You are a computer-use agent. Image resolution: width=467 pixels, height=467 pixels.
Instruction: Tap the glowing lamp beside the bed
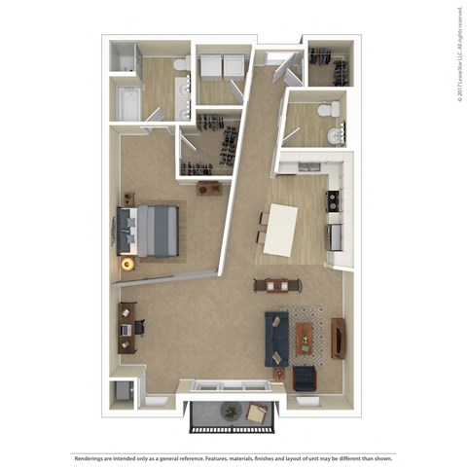coord(126,263)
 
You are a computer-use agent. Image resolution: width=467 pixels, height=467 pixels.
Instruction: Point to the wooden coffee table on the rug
coord(305,337)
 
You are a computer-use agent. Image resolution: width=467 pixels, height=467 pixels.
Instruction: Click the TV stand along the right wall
coord(338,337)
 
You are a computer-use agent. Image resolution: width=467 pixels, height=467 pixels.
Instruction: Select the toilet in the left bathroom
coord(180,64)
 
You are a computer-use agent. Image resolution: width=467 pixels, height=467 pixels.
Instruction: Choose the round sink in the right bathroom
coord(337,135)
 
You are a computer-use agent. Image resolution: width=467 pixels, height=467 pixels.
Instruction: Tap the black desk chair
coord(138,328)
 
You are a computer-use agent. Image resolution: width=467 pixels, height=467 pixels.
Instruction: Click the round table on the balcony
coord(230,412)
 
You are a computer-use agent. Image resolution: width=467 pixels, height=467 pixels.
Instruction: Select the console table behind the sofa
coord(271,285)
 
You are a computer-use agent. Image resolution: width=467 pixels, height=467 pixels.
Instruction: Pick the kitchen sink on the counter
coord(334,234)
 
